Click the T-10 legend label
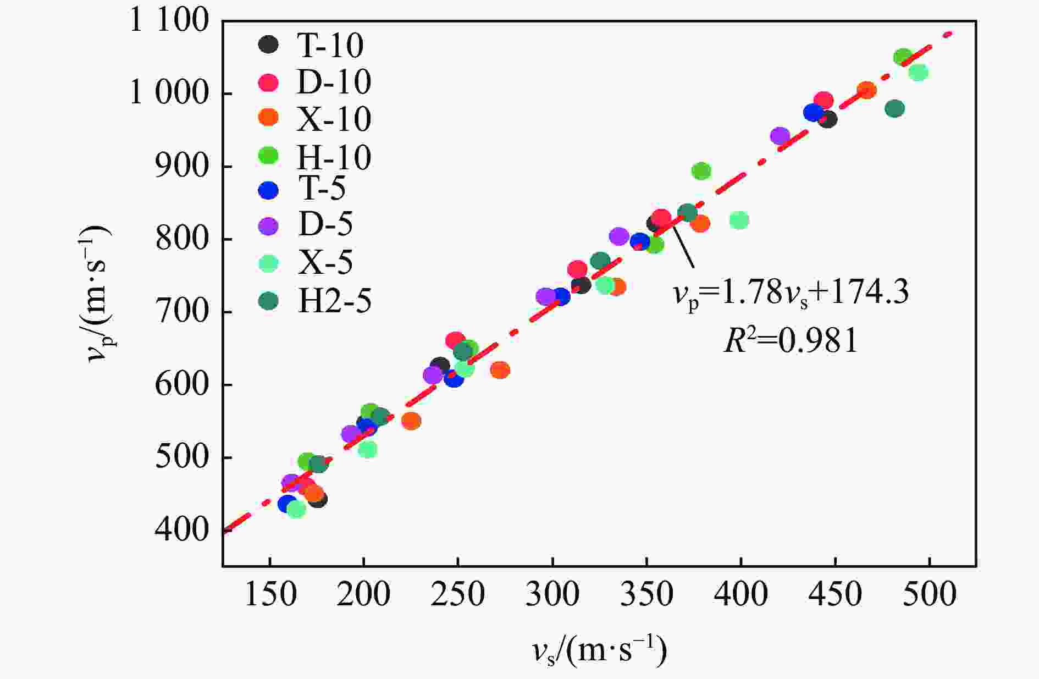pos(330,45)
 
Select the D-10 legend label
pos(334,82)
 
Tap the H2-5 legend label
pos(334,301)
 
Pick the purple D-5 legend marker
pos(268,226)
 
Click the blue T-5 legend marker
pos(268,190)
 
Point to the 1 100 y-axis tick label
pos(169,22)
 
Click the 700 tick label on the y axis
pos(182,312)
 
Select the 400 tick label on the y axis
pos(182,530)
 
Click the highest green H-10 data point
pos(903,57)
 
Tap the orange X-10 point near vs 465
pos(866,90)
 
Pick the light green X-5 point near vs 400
pos(739,220)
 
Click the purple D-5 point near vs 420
pos(780,136)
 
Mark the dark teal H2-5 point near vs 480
pos(895,109)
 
